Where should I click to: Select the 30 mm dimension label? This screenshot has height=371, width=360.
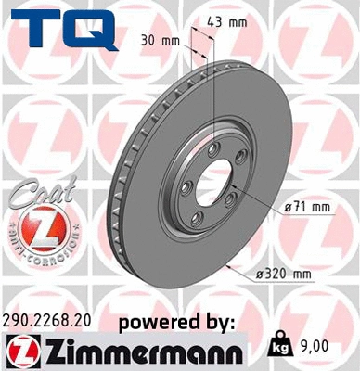160,41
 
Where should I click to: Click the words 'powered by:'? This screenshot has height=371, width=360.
177,322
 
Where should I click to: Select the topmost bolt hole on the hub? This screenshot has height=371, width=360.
214,148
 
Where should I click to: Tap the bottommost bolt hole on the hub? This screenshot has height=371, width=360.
196,218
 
